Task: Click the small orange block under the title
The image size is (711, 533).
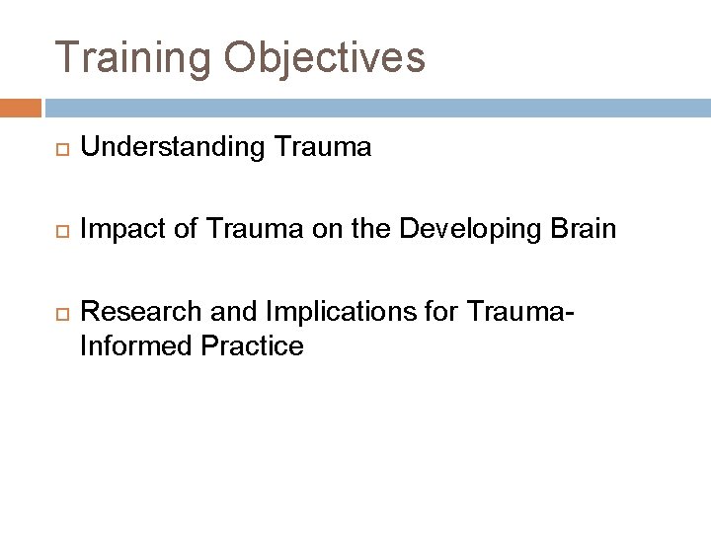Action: (x=21, y=107)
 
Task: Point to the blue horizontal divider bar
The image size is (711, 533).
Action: (x=375, y=107)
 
